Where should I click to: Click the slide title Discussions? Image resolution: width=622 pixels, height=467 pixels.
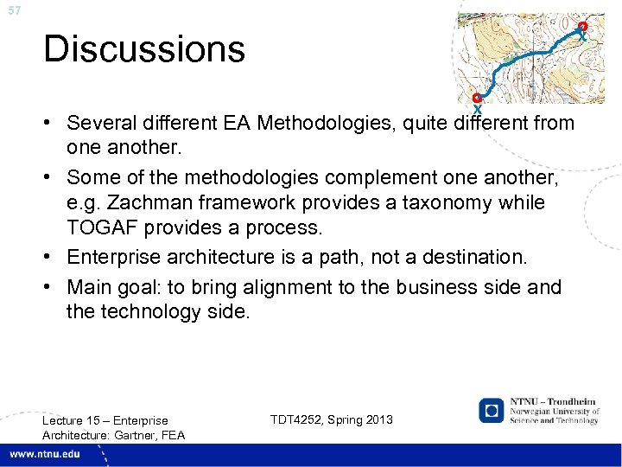[144, 49]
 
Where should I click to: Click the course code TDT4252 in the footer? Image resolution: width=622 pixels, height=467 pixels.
[299, 419]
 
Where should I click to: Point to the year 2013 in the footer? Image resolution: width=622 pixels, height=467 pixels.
[378, 419]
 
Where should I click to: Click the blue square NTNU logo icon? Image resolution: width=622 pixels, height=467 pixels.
[492, 410]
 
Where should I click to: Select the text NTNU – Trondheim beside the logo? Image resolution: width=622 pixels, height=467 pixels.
[553, 401]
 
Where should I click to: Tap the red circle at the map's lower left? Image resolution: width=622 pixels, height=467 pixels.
[476, 98]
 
